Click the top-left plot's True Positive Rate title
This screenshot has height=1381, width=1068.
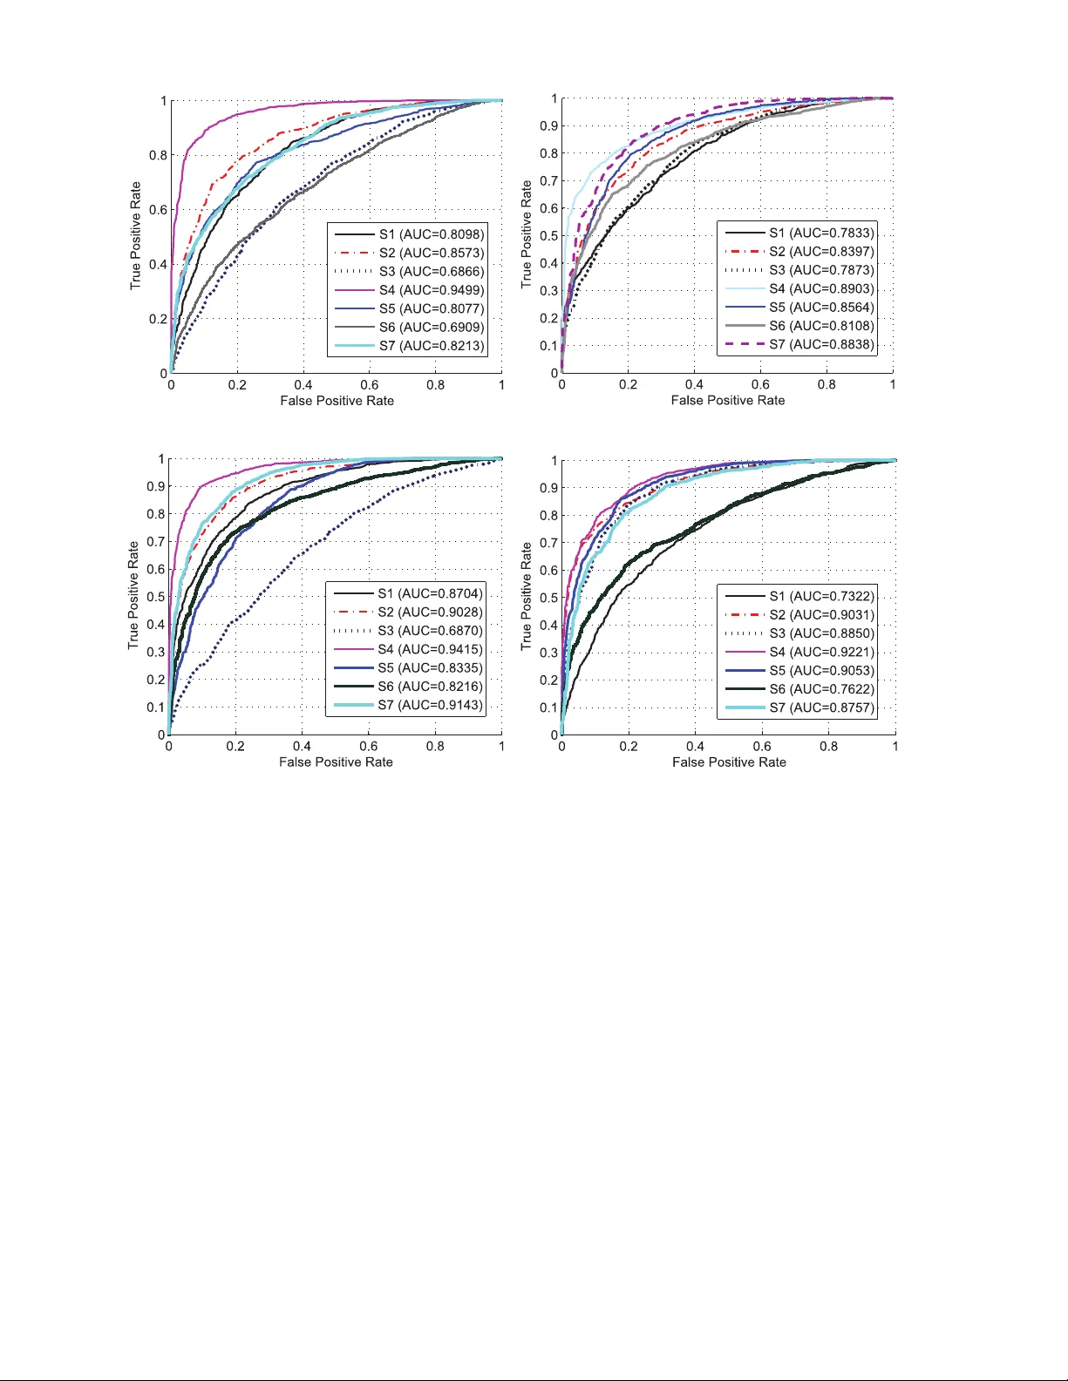click(x=135, y=236)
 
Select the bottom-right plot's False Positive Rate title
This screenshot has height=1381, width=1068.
click(x=729, y=762)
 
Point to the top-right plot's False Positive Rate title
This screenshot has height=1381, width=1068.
click(x=728, y=401)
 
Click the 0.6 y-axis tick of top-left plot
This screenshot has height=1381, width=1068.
click(x=158, y=210)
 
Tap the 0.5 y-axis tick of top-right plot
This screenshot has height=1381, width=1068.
click(x=548, y=236)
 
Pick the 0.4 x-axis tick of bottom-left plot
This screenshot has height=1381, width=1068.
click(x=302, y=747)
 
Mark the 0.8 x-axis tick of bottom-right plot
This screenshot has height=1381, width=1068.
click(x=828, y=747)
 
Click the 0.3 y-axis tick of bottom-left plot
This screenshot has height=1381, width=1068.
click(x=155, y=653)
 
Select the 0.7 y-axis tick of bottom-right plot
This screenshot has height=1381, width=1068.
click(x=548, y=543)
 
